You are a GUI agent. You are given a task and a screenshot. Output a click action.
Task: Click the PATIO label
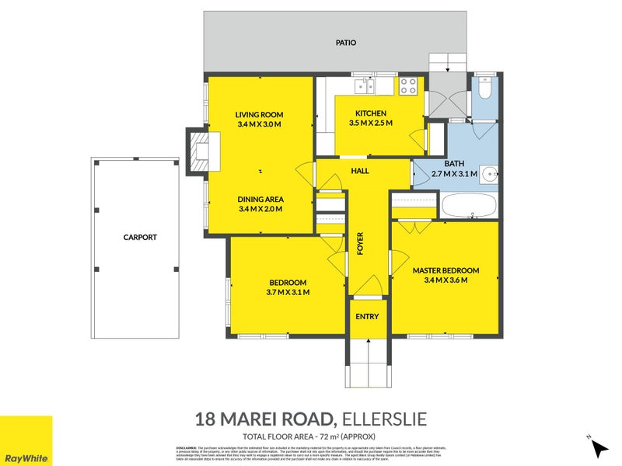346,43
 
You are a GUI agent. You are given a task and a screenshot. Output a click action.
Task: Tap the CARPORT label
140,238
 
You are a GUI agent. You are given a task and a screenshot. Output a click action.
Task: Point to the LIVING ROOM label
259,115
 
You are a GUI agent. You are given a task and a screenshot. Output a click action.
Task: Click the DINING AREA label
260,199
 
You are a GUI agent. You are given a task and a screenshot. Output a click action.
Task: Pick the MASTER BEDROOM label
446,270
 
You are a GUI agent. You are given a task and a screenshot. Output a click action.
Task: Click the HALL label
360,171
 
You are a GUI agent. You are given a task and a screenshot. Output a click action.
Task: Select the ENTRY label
367,317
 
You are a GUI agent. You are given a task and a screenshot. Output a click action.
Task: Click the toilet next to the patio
484,89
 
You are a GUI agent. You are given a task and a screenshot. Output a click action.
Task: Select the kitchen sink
362,85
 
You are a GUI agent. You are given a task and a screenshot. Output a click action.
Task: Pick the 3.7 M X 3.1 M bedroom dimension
288,293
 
